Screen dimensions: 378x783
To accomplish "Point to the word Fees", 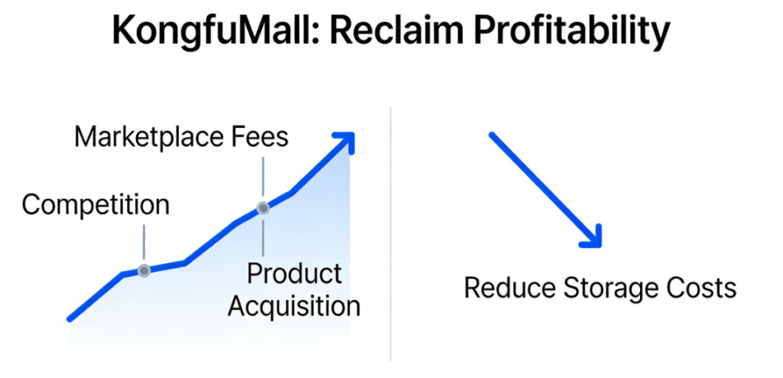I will point(260,138).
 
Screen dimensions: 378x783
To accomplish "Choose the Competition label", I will point(96,205).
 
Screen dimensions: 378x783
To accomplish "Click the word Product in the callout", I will point(294,273).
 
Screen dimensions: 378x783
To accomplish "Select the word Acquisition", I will point(294,306).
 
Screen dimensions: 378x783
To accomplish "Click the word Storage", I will point(609,288).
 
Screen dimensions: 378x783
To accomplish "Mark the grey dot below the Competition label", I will point(144,270).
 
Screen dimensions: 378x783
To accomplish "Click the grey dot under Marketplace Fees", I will point(263,207).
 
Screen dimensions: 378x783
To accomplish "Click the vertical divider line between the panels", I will point(391,230).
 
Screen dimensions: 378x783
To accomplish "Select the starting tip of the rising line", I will point(70,318).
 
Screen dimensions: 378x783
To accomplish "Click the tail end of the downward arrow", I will point(492,135).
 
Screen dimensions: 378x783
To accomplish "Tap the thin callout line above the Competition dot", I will point(144,243).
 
